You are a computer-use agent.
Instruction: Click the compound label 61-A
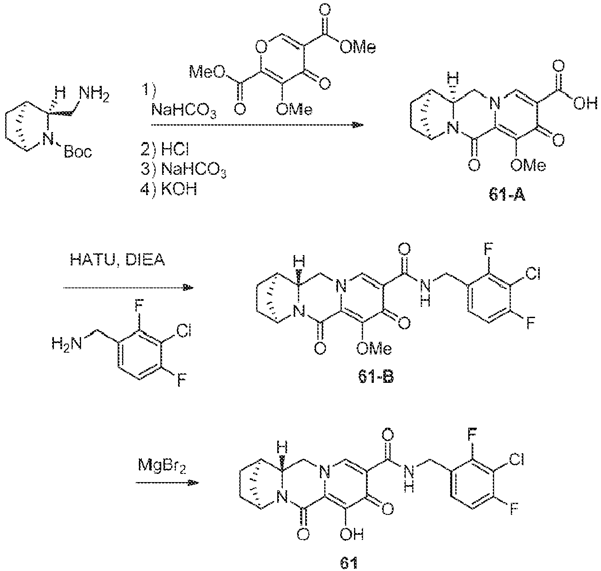pos(507,195)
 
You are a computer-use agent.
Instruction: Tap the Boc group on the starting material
pos(78,152)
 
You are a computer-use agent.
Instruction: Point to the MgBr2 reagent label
pos(162,467)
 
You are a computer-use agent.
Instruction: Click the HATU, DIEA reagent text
pos(117,260)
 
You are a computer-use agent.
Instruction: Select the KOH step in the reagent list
pos(169,189)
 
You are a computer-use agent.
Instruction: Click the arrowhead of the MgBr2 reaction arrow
pos(194,483)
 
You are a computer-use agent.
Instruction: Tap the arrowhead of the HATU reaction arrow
pos(188,287)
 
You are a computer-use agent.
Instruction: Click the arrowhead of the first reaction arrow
pos(358,125)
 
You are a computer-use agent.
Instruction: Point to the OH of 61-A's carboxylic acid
pos(585,104)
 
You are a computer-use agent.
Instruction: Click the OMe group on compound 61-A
pos(528,165)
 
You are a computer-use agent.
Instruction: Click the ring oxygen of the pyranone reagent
pos(261,47)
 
